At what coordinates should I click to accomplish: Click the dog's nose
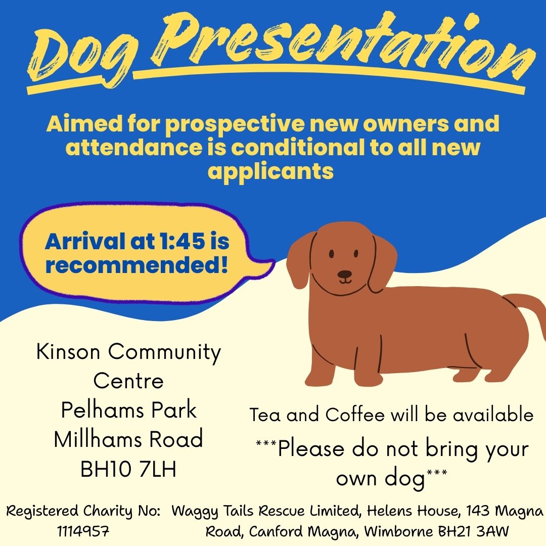coord(345,275)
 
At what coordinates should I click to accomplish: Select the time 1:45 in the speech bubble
coord(182,241)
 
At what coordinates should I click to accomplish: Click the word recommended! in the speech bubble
coord(136,265)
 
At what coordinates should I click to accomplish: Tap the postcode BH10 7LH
coord(128,469)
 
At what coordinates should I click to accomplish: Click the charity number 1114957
coord(83,532)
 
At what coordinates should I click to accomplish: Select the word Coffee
coord(355,415)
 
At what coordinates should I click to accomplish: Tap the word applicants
coord(270,172)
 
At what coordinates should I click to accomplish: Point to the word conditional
coord(298,147)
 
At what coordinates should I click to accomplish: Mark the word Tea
coord(264,415)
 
